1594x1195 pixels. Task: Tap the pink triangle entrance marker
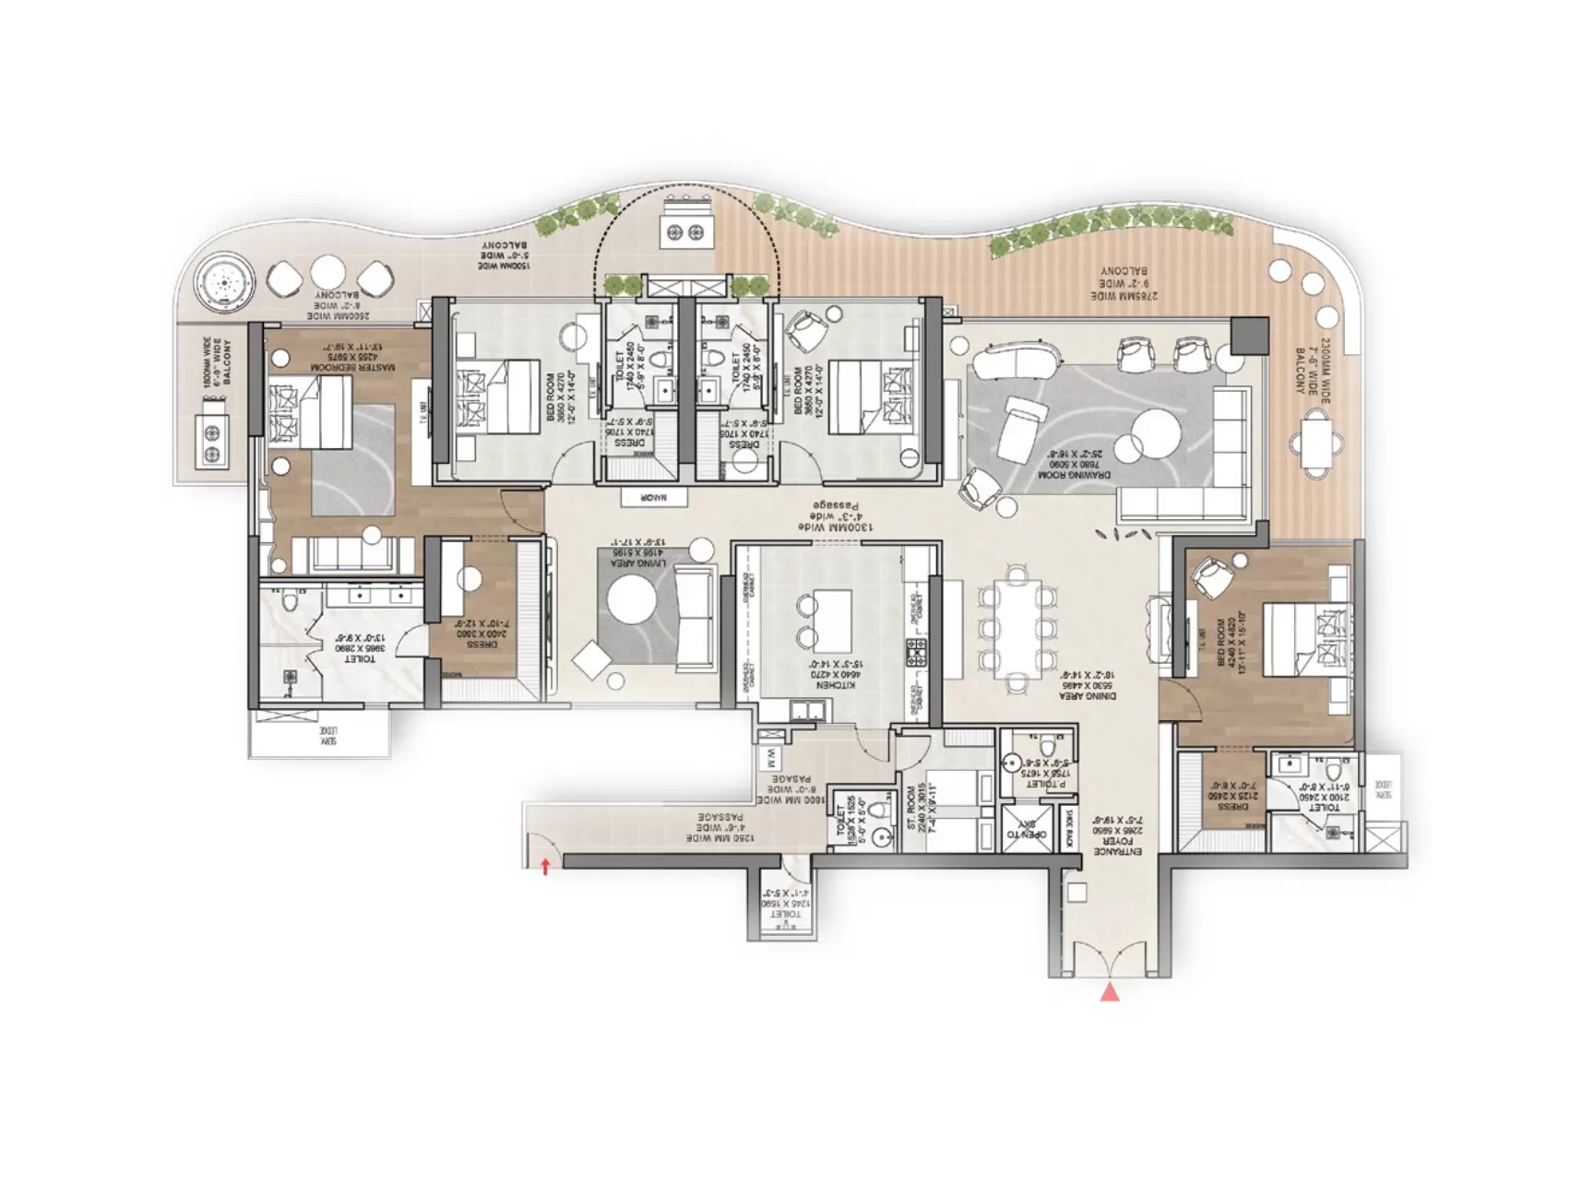tap(1111, 992)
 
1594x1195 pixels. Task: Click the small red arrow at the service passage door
tap(546, 866)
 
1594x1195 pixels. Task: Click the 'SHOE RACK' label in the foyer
tap(1069, 827)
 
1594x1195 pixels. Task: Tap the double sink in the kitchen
tap(810, 710)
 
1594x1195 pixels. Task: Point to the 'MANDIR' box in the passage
tap(653, 498)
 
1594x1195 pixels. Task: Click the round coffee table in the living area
tap(632, 601)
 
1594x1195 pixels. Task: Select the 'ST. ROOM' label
tap(915, 807)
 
